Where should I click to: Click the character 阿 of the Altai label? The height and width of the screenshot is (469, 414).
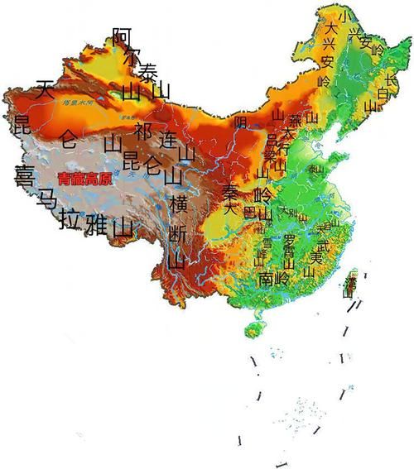122,36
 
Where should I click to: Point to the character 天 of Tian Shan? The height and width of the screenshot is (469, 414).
45,89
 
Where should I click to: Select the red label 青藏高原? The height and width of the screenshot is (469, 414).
86,178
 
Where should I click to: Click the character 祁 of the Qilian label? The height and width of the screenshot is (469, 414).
143,131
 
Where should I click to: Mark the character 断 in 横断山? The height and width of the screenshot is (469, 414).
177,234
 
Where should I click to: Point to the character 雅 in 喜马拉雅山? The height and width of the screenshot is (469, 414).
97,223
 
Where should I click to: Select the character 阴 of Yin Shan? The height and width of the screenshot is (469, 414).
241,122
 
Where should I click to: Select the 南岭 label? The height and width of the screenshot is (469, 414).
274,278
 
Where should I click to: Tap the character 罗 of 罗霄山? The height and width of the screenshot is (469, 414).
289,239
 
